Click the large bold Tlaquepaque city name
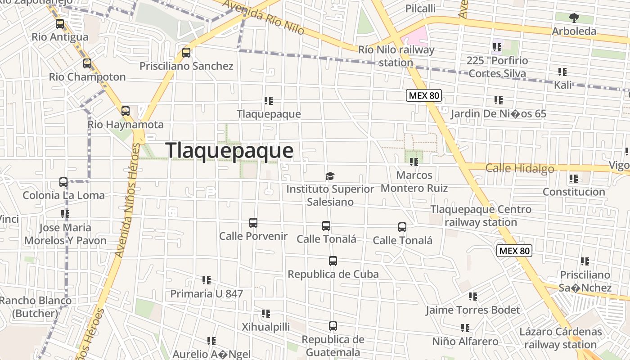pyautogui.click(x=229, y=150)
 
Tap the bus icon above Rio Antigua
pyautogui.click(x=60, y=24)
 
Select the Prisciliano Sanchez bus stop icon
pyautogui.click(x=186, y=53)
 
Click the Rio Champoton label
pyautogui.click(x=87, y=77)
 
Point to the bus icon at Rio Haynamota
pyautogui.click(x=126, y=111)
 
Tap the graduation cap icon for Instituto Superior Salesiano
pyautogui.click(x=330, y=176)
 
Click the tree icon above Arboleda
pyautogui.click(x=574, y=18)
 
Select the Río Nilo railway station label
pyautogui.click(x=396, y=56)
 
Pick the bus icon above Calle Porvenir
pyautogui.click(x=253, y=223)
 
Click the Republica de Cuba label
pyautogui.click(x=333, y=274)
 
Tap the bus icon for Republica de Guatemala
pyautogui.click(x=333, y=326)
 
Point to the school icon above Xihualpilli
pyautogui.click(x=266, y=314)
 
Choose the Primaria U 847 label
pyautogui.click(x=207, y=294)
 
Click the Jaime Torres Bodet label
pyautogui.click(x=473, y=310)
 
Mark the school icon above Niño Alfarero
pyautogui.click(x=465, y=328)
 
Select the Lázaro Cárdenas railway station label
pyautogui.click(x=560, y=338)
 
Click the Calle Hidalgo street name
pyautogui.click(x=520, y=168)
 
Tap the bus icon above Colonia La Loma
pyautogui.click(x=63, y=182)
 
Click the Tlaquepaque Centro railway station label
pyautogui.click(x=481, y=216)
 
